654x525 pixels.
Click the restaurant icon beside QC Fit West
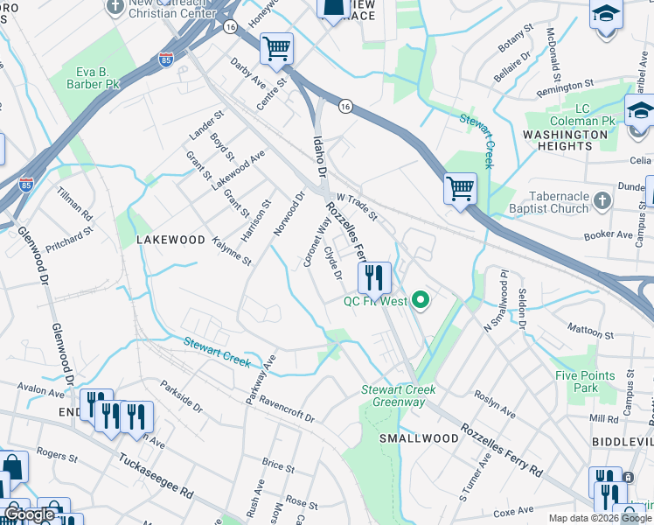[x=374, y=278]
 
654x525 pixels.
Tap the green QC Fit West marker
[x=421, y=301]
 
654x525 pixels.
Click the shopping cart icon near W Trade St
[x=460, y=186]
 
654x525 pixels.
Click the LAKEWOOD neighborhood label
[x=170, y=239]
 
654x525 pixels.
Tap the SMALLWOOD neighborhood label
[x=420, y=437]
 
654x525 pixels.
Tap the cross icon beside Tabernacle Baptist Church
[x=602, y=202]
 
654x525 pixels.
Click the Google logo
[x=30, y=514]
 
